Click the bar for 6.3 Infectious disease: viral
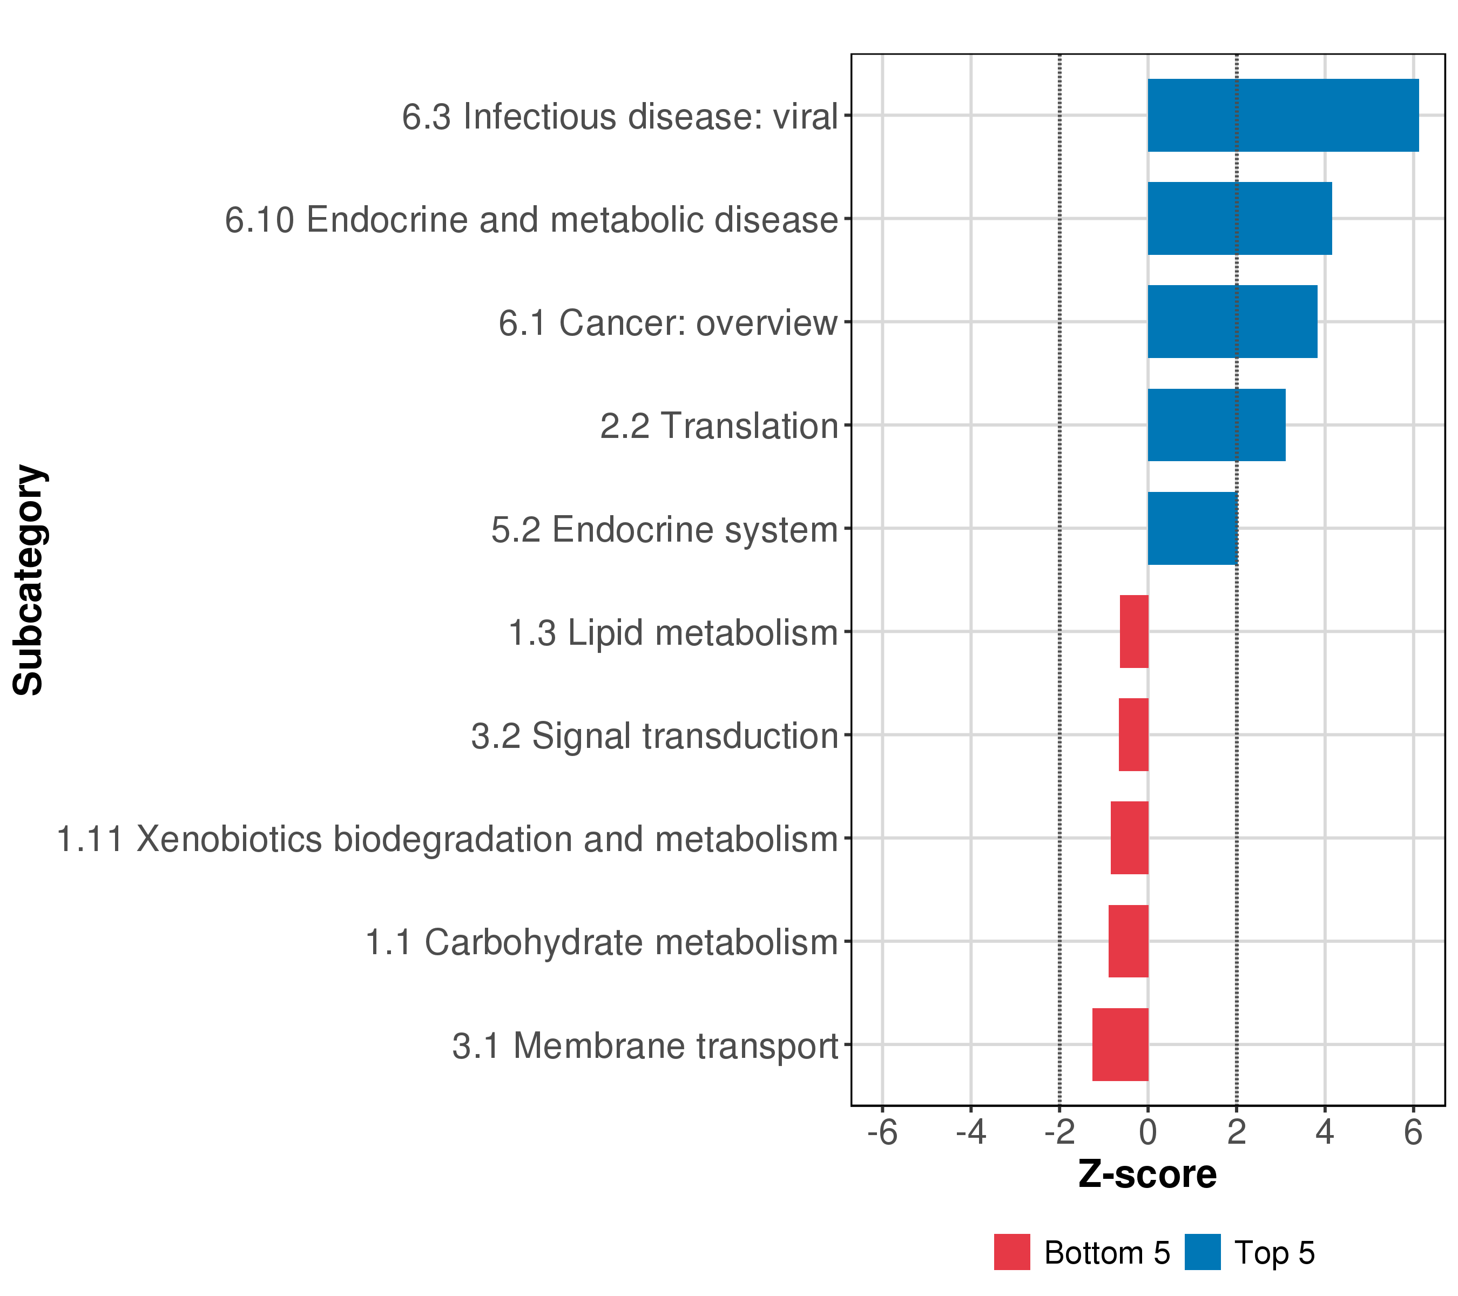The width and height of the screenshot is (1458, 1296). pyautogui.click(x=1282, y=116)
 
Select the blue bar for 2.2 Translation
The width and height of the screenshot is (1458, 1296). pyautogui.click(x=1216, y=425)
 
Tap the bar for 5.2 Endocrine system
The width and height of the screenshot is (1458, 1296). pyautogui.click(x=1192, y=529)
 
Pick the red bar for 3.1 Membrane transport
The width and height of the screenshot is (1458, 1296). pyautogui.click(x=1120, y=1044)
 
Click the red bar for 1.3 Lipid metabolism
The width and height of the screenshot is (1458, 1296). pyautogui.click(x=1133, y=631)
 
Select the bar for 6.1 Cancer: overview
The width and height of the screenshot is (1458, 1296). pyautogui.click(x=1232, y=322)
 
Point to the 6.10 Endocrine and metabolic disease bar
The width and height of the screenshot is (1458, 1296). pyautogui.click(x=1239, y=218)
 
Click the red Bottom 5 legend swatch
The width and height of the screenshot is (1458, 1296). pyautogui.click(x=1011, y=1252)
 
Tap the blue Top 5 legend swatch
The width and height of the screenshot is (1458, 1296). pyautogui.click(x=1202, y=1252)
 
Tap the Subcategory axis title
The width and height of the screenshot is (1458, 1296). pyautogui.click(x=29, y=579)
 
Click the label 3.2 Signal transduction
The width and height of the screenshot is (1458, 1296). pyautogui.click(x=653, y=735)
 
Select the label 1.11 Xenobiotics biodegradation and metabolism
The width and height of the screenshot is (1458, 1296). pyautogui.click(x=447, y=839)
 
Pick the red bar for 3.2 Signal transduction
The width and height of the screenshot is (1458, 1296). pyautogui.click(x=1133, y=734)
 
